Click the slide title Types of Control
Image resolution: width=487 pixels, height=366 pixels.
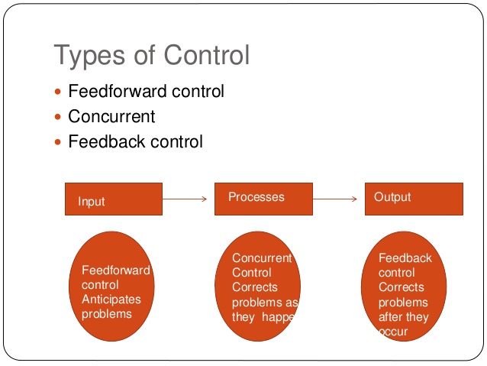click(151, 55)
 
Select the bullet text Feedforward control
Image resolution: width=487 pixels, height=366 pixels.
click(146, 92)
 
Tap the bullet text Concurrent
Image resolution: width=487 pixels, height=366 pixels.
click(111, 116)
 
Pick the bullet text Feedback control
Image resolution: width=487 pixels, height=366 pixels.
click(135, 141)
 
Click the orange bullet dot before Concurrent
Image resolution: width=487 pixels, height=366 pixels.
click(59, 117)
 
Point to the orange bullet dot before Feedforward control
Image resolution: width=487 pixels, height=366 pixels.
click(59, 92)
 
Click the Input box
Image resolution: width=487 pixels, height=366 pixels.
click(113, 199)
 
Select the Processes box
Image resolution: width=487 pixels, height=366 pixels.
click(263, 199)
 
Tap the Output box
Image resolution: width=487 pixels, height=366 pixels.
click(413, 199)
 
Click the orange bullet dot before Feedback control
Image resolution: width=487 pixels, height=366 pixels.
click(59, 142)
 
